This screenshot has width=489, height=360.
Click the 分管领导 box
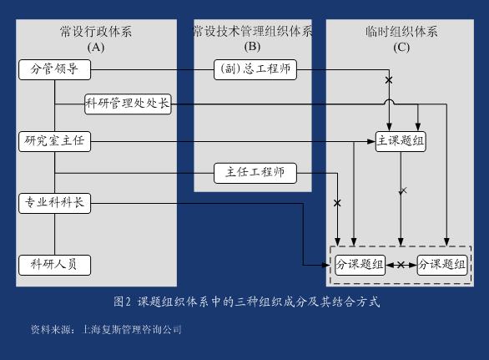coord(54,69)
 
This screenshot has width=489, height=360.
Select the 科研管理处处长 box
coord(128,104)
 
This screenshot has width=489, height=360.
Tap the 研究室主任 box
coord(54,141)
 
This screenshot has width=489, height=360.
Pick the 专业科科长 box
coord(54,203)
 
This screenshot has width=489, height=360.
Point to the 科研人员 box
coord(54,265)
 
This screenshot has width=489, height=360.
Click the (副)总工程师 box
coord(255,69)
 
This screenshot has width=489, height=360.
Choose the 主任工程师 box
coord(255,173)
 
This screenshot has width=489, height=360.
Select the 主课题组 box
coord(401,141)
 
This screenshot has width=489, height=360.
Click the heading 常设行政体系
coord(96,32)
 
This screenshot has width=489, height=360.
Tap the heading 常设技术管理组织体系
coord(253,32)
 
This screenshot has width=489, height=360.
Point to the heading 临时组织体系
coord(401,32)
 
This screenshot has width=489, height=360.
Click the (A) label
coord(96,47)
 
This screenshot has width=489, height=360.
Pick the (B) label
coord(252,47)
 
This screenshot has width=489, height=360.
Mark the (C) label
coord(401,48)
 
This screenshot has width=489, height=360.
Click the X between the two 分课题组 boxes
coord(401,265)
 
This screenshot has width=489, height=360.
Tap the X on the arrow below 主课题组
coord(403,190)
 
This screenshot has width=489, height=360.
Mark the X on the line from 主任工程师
coord(337,203)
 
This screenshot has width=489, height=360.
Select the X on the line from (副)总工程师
coord(389,80)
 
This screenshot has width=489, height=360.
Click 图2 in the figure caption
coord(122,302)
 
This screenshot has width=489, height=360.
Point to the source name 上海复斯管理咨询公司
coord(131,329)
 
